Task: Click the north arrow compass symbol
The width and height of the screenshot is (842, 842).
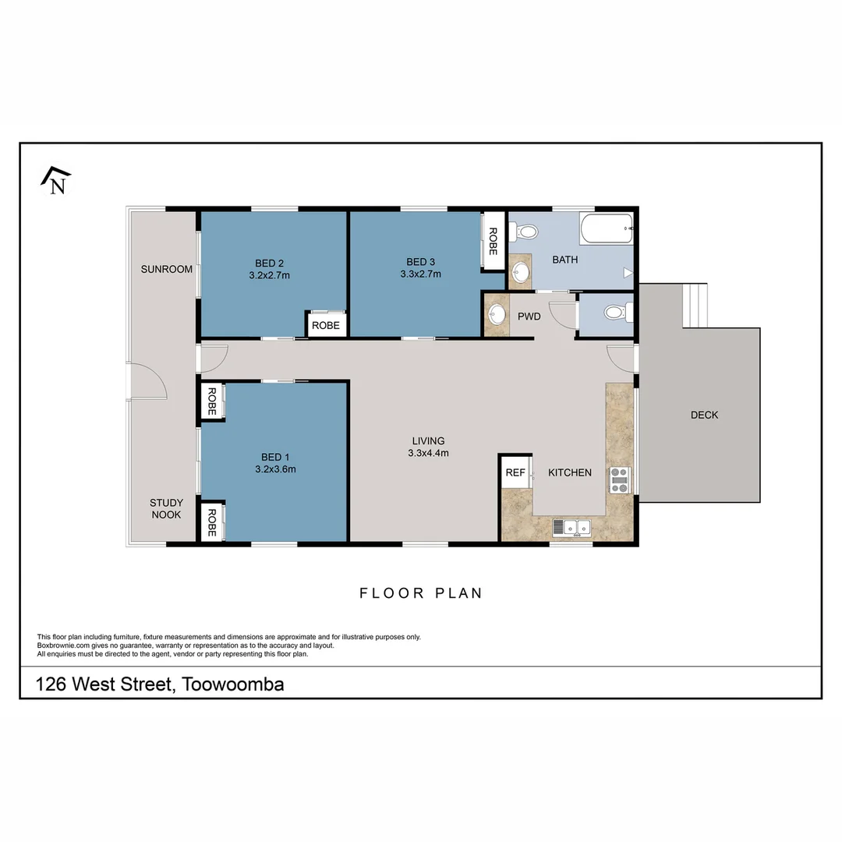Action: (x=55, y=180)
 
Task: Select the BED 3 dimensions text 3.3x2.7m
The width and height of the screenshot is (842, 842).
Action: (x=420, y=274)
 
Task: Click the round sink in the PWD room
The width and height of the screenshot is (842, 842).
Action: (x=496, y=315)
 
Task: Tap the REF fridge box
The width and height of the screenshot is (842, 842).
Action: (x=515, y=472)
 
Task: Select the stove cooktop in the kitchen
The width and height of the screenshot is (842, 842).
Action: (x=620, y=479)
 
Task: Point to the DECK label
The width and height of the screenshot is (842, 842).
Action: (x=704, y=415)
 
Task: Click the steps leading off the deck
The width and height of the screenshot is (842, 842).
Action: (x=695, y=306)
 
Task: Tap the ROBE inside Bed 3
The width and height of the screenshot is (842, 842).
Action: (x=493, y=242)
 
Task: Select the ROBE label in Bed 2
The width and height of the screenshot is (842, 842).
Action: (x=326, y=325)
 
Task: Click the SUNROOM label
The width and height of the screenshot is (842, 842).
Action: (x=166, y=269)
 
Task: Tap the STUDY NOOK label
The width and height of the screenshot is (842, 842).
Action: (x=166, y=508)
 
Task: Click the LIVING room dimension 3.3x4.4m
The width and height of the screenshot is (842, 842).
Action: (x=428, y=453)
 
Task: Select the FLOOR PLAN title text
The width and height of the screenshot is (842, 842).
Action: (x=421, y=593)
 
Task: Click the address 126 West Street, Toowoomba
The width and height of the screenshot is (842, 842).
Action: (x=160, y=685)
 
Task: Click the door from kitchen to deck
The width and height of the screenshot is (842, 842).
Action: (x=621, y=356)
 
